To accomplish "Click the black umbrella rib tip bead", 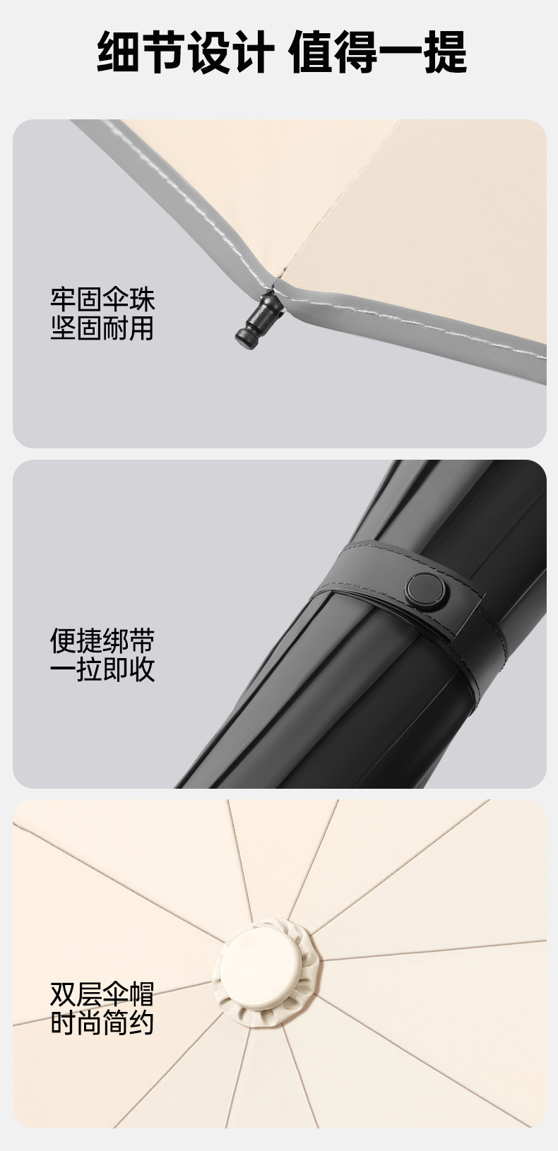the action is pos(259,321).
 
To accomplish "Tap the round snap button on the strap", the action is pos(426,591).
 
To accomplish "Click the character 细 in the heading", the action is pos(119,52).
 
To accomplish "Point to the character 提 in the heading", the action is pos(445,52).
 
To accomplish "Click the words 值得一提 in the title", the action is pos(378,52).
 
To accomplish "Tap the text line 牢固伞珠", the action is pos(102,299).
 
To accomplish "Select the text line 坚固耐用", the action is pos(102,328).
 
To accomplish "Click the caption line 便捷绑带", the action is pos(102,640).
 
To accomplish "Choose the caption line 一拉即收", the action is pos(102,669).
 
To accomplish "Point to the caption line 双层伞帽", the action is pos(102,994).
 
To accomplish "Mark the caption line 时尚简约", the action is pos(102,1022).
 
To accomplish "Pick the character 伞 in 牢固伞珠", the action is pos(116,299).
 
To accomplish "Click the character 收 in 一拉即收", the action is pos(143,669).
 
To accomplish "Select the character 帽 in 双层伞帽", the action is pos(143,994).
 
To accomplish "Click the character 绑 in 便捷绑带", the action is pos(116,640).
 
